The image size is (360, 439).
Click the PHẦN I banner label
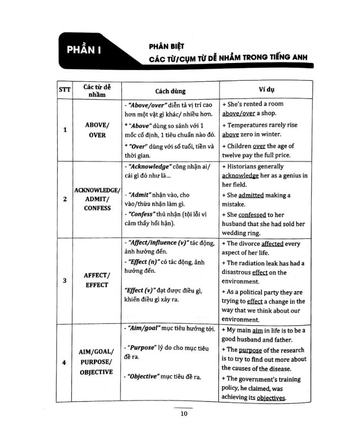click(87, 51)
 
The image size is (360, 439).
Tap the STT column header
click(64, 91)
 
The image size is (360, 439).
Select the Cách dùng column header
click(170, 91)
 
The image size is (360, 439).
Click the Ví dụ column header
click(266, 90)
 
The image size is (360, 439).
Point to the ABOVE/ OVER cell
click(97, 130)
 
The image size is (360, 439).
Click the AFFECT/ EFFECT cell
click(97, 280)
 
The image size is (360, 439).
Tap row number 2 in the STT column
click(64, 199)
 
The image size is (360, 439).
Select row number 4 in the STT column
click(64, 363)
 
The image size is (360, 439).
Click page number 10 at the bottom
click(184, 414)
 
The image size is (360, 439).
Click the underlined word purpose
click(252, 350)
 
